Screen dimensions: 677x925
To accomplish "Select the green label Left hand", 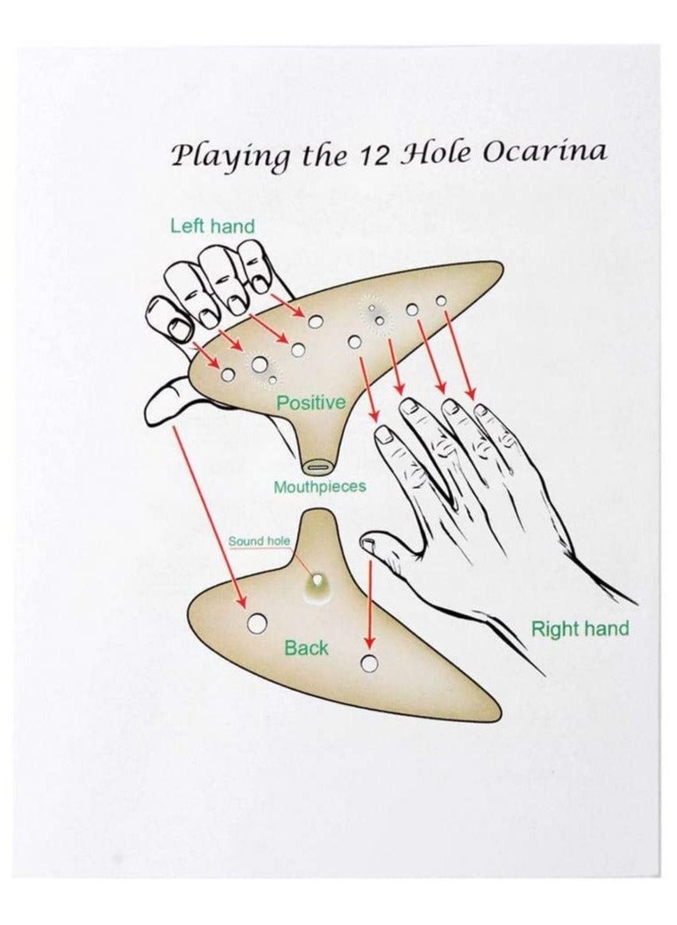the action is [213, 226].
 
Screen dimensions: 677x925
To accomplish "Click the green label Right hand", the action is [580, 629].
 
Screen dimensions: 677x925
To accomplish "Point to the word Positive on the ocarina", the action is [310, 402].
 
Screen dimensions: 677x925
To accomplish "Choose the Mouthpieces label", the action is [319, 487].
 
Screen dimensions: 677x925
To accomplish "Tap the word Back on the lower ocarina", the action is [306, 648].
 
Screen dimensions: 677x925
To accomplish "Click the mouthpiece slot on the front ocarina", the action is [318, 467].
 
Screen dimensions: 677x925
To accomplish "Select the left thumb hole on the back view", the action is [257, 623].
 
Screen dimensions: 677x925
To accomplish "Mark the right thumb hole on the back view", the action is [370, 663].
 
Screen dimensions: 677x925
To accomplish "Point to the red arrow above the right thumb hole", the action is [370, 604].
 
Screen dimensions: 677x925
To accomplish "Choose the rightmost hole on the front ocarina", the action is [440, 301].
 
